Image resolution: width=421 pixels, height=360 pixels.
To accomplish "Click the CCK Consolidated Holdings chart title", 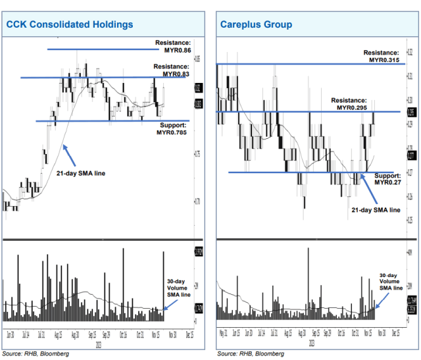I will (70, 24).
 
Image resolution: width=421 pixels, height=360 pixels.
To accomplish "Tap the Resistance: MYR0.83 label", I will (171, 70).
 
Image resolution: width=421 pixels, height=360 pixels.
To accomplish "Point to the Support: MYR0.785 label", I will (172, 128).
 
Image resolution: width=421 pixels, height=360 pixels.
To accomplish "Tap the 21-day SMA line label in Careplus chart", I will (374, 210).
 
